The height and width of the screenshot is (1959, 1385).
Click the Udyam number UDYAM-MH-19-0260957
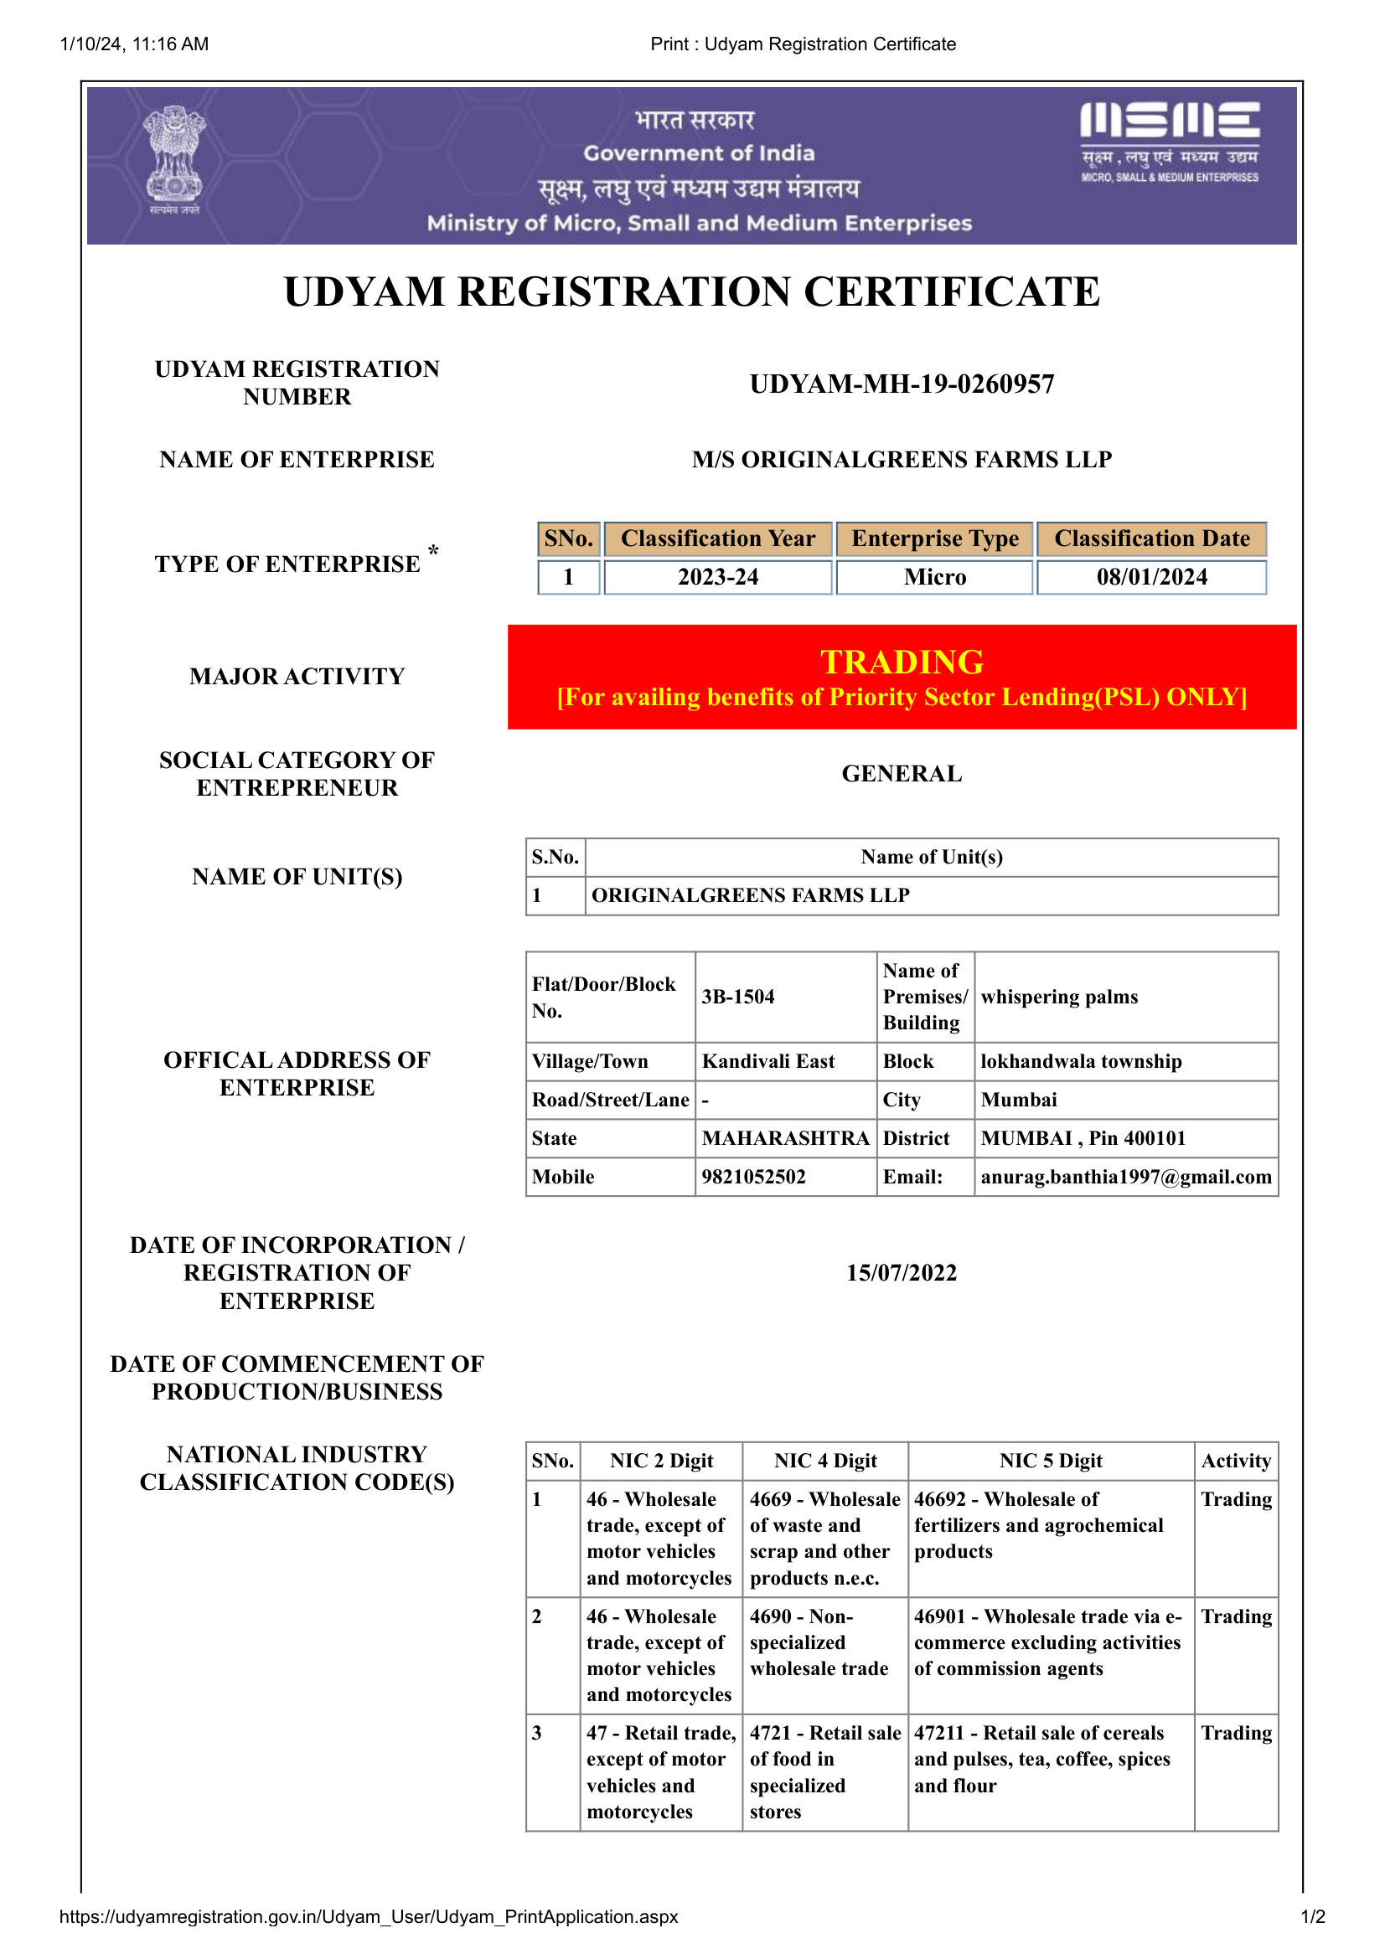tap(902, 384)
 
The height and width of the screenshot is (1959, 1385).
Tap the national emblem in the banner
tap(174, 157)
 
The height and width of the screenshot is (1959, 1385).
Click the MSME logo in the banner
tap(1169, 141)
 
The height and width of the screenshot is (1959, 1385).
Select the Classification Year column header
tap(718, 539)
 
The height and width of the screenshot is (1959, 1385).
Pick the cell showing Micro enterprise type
tap(934, 578)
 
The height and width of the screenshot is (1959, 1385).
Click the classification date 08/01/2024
tap(1151, 578)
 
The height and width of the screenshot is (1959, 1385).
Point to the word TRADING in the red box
tap(902, 662)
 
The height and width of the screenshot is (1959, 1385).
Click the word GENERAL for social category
tap(902, 774)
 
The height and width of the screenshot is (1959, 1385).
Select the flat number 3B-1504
tap(738, 997)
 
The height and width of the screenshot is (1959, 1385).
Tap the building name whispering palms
tap(1059, 997)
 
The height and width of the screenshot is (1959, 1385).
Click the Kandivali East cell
tap(768, 1061)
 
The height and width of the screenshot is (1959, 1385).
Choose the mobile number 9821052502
tap(753, 1177)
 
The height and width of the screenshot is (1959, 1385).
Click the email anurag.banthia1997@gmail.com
tap(1125, 1177)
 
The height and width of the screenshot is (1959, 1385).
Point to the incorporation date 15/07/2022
tap(902, 1273)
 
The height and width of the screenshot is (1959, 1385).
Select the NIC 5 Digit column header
tap(1051, 1461)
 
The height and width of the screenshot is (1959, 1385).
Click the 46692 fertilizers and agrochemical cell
tap(1038, 1525)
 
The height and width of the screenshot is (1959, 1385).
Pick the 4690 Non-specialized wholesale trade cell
tap(819, 1642)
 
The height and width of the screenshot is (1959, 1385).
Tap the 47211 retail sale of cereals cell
tap(1042, 1760)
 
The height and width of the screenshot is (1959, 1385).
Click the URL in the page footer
tap(369, 1916)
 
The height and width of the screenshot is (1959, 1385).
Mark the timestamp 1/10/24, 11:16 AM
tap(134, 44)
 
